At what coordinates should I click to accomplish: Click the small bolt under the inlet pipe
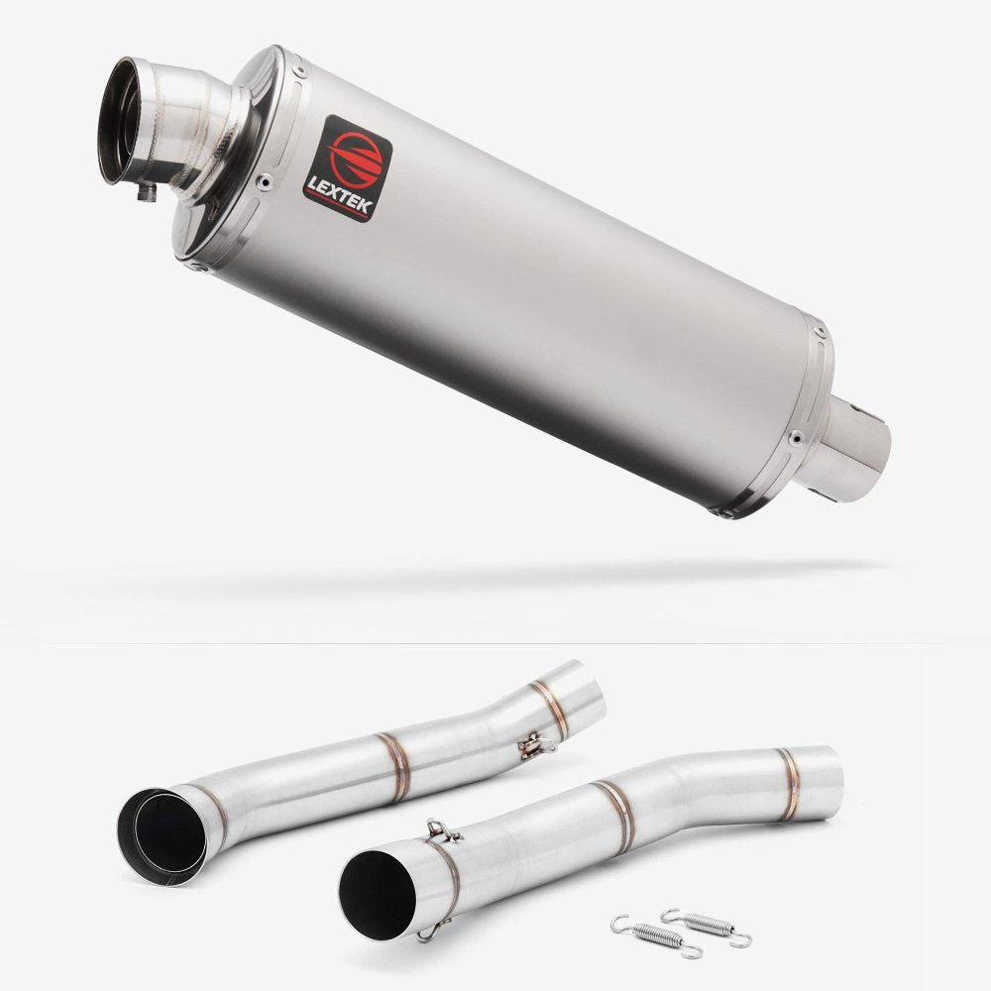pyautogui.click(x=149, y=191)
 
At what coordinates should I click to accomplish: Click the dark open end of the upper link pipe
pyautogui.click(x=159, y=832)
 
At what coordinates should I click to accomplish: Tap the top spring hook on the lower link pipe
pyautogui.click(x=433, y=829)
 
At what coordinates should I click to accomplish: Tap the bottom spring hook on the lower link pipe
pyautogui.click(x=425, y=932)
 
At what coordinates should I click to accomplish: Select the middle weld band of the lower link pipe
pyautogui.click(x=614, y=815)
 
